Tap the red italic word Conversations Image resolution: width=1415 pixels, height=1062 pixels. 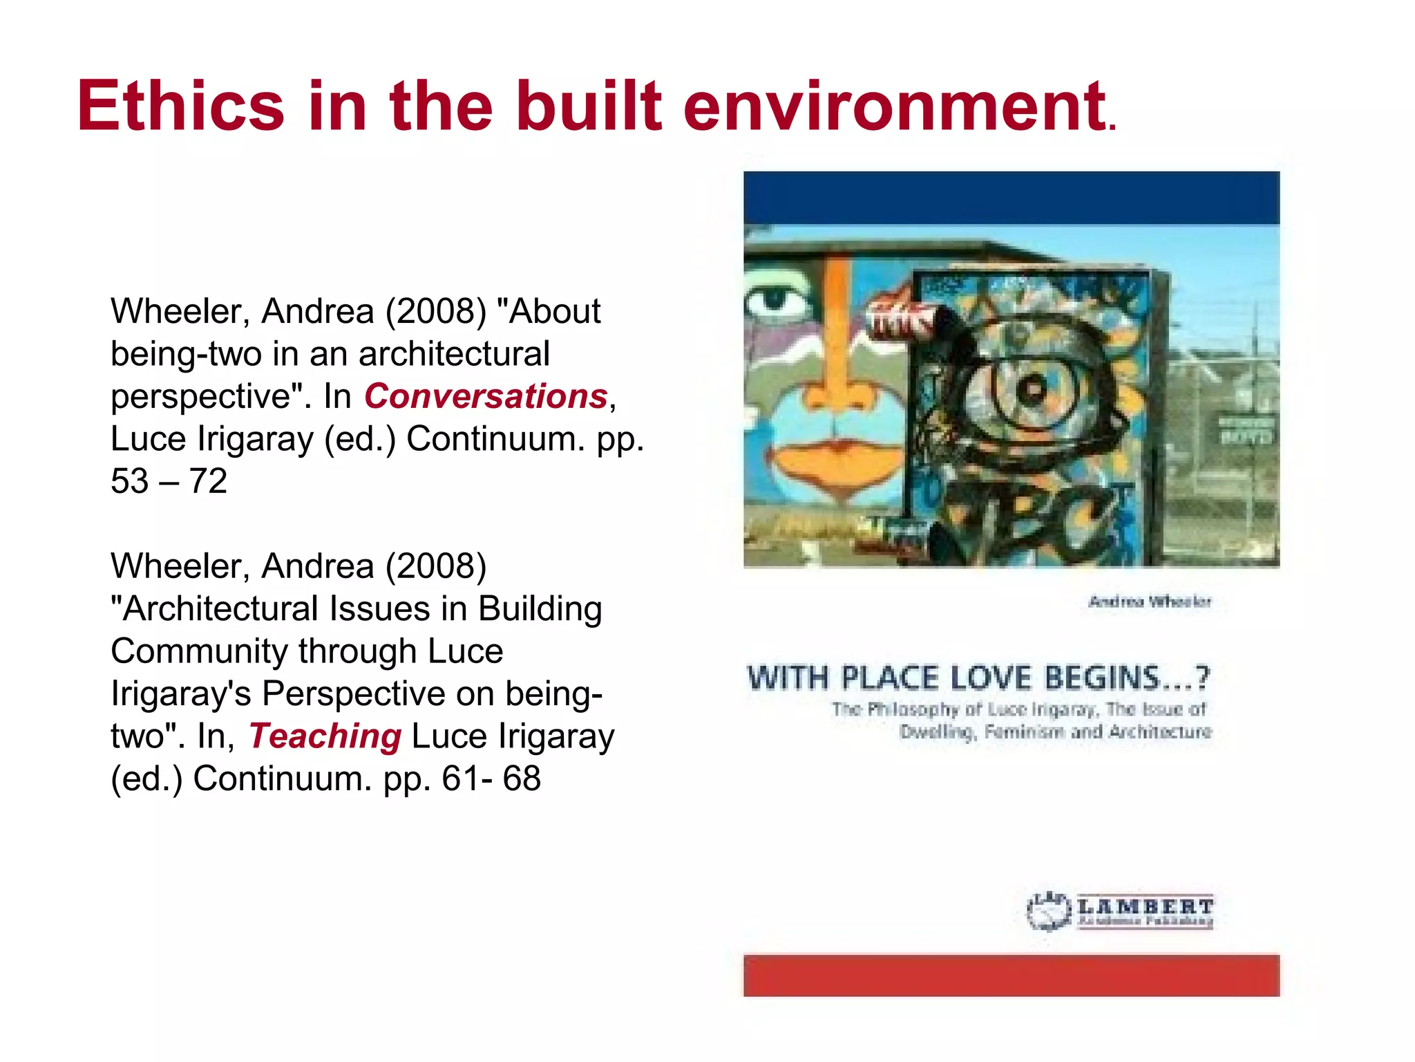[x=486, y=396]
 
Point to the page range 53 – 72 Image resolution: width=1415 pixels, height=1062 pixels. [x=169, y=481]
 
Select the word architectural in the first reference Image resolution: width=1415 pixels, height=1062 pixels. [x=454, y=354]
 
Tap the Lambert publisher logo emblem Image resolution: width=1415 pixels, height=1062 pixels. [x=1048, y=911]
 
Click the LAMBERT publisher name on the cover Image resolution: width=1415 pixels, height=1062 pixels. [x=1146, y=906]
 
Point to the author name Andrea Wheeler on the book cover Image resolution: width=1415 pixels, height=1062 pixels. [x=1150, y=602]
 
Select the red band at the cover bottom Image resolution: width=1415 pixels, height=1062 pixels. [x=1012, y=975]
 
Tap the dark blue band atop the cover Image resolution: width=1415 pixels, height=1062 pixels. [x=1012, y=198]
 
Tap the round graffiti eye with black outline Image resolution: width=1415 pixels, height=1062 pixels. [x=1034, y=389]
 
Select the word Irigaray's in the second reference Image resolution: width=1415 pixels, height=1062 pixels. [x=181, y=693]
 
